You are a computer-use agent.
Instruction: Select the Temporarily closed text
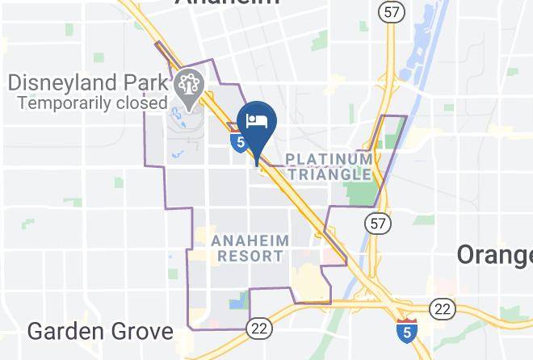(92, 103)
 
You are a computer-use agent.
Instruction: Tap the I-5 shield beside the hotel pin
(238, 142)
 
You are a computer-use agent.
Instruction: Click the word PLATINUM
(329, 158)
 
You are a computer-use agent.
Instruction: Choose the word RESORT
(250, 256)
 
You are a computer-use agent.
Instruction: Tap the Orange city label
(494, 254)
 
